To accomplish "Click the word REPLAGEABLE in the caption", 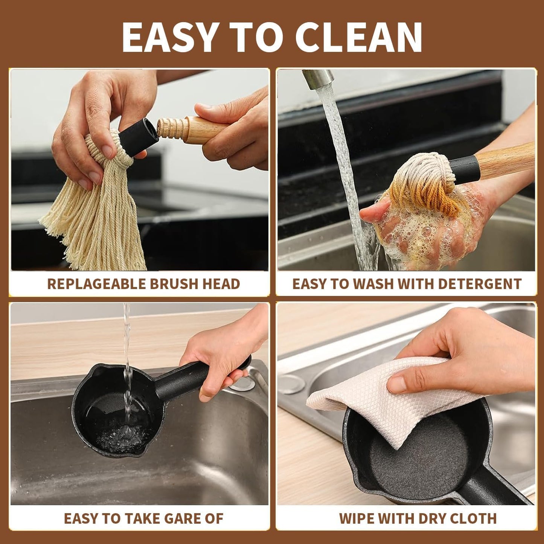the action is coord(96,284).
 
